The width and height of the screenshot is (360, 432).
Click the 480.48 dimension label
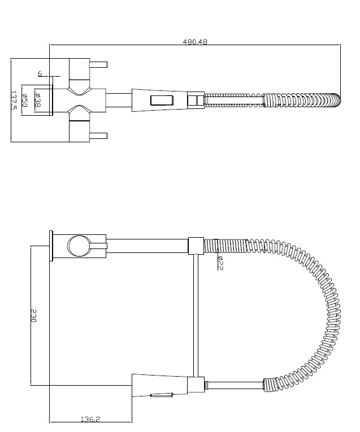[195, 42]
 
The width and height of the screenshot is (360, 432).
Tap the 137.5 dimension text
[14, 101]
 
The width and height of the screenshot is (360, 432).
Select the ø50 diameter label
[24, 101]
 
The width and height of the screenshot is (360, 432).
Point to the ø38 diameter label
[38, 100]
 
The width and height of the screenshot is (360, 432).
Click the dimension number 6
[40, 73]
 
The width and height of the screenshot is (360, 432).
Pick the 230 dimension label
[33, 316]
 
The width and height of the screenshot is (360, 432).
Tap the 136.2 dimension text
[90, 419]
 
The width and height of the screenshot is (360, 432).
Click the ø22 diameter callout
[220, 263]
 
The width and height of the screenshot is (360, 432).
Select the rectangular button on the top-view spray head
[162, 100]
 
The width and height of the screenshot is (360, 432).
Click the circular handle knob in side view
[79, 246]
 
